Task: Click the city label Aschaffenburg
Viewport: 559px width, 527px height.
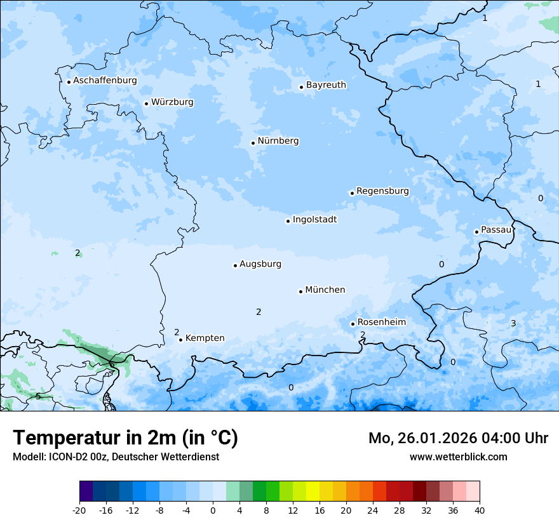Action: [x=105, y=81]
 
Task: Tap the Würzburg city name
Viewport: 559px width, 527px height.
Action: [x=172, y=102]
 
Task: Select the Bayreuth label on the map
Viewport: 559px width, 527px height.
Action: [x=326, y=85]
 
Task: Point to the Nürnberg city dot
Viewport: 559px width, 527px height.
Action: [x=253, y=143]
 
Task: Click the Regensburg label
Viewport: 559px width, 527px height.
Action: [x=382, y=191]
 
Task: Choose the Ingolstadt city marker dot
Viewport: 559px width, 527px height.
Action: [x=288, y=221]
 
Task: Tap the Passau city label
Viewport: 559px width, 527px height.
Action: [x=496, y=230]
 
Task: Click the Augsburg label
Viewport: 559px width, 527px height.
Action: [x=260, y=264]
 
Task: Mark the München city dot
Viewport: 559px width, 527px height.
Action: [x=300, y=291]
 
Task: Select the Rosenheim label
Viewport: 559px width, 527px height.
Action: [x=381, y=323]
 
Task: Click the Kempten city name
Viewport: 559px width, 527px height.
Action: [x=205, y=338]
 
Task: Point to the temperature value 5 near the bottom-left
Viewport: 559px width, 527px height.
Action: [x=38, y=397]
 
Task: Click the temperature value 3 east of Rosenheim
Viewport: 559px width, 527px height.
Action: [x=513, y=324]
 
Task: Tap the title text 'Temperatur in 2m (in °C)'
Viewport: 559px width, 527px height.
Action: [x=125, y=438]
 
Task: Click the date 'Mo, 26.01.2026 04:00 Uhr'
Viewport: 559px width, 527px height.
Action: [x=458, y=438]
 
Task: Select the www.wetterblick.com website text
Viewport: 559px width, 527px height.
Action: [x=458, y=457]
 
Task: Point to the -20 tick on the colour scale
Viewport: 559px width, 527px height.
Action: [x=79, y=510]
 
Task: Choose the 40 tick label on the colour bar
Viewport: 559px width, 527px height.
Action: [x=480, y=510]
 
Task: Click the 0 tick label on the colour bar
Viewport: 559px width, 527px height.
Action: [x=213, y=510]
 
